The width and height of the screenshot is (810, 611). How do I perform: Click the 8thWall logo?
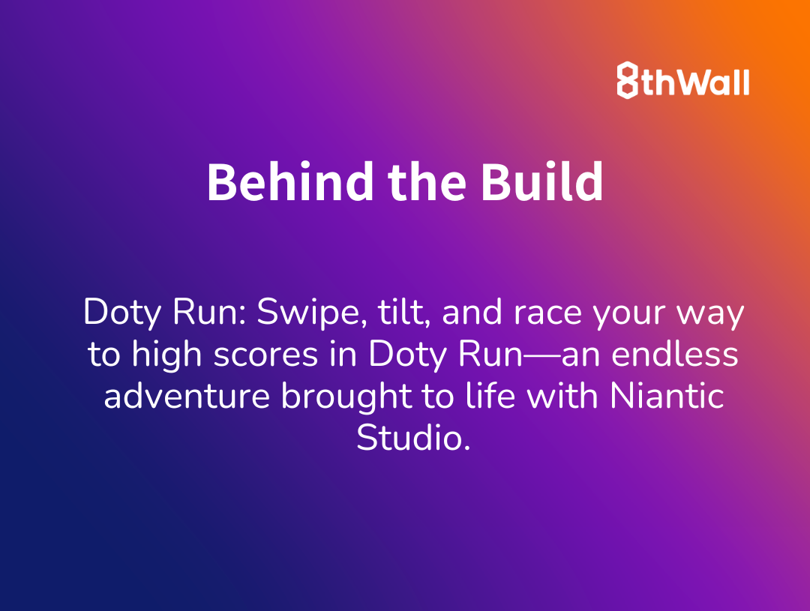(x=683, y=80)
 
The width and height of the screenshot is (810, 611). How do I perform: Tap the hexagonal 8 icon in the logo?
(x=628, y=80)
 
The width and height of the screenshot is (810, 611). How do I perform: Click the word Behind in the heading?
(x=290, y=182)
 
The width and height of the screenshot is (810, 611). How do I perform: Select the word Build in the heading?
(x=542, y=182)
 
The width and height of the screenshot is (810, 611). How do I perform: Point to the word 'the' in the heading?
(x=427, y=182)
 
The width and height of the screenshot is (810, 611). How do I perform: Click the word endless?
(x=675, y=354)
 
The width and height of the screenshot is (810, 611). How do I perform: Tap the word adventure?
(x=187, y=396)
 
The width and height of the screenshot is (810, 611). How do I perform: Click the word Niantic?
(x=667, y=396)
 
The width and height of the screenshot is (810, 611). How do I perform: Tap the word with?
(x=562, y=396)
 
